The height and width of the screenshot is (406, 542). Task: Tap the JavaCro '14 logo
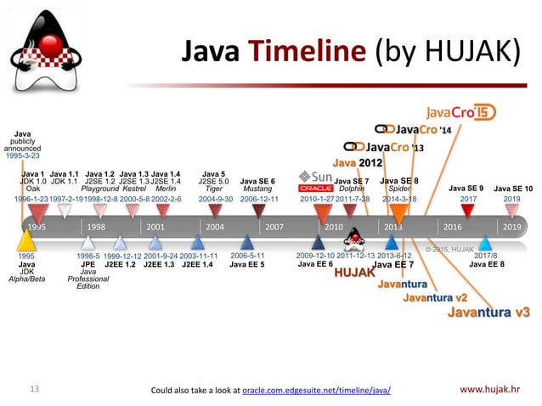[x=421, y=129]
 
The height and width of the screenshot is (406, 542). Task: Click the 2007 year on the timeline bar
[x=274, y=228]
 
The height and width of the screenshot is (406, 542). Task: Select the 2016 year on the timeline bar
[x=452, y=228]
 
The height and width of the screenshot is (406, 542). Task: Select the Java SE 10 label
[x=513, y=188]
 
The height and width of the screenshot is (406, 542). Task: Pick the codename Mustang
[x=257, y=189]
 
